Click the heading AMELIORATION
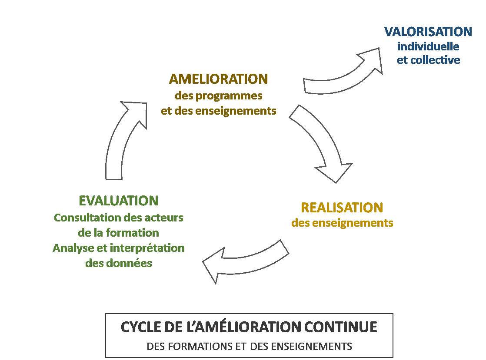[219, 79]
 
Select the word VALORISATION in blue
[428, 32]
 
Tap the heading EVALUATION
[118, 201]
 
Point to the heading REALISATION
[342, 208]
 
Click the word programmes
[229, 96]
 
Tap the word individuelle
[428, 46]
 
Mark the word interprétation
[147, 248]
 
